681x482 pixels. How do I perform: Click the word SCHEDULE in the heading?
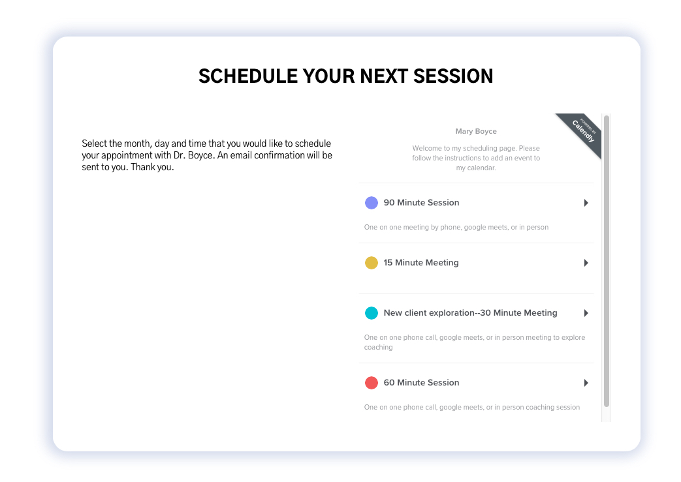(x=248, y=76)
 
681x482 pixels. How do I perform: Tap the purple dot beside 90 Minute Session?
(x=372, y=203)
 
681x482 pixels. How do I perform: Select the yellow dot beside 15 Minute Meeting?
(x=372, y=262)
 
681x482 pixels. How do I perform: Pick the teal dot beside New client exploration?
(x=372, y=313)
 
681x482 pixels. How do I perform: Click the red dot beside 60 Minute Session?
(x=372, y=383)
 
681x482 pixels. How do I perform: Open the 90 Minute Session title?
(x=421, y=203)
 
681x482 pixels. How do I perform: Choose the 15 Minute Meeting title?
(x=421, y=262)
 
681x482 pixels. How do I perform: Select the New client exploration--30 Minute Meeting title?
(x=470, y=313)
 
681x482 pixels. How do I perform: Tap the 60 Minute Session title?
(x=421, y=383)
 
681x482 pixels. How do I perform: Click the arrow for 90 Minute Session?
(x=586, y=203)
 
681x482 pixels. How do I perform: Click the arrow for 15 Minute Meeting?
(x=586, y=262)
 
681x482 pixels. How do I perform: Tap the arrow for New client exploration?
(x=586, y=313)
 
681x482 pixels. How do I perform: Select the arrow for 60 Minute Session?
(x=586, y=383)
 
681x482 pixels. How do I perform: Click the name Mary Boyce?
(x=476, y=131)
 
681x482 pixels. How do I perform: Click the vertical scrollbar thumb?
(x=607, y=261)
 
